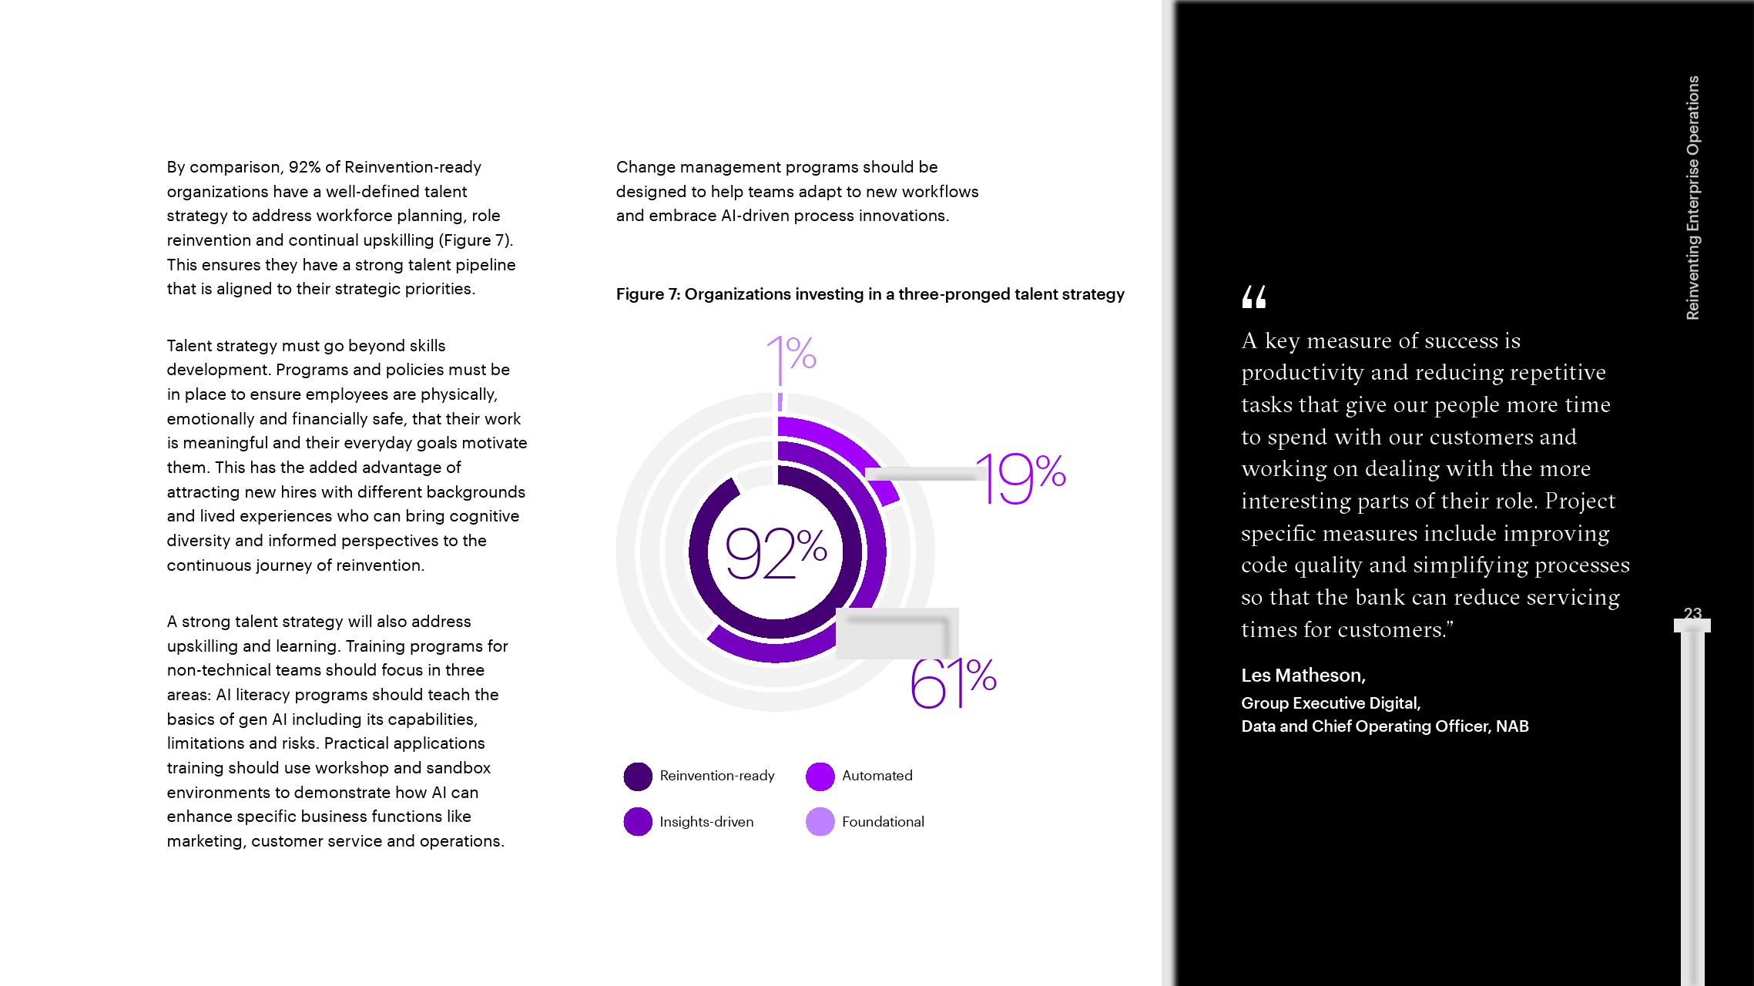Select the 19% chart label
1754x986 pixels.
[1021, 478]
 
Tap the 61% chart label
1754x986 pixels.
[953, 682]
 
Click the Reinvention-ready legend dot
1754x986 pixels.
[638, 776]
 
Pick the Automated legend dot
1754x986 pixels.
[820, 776]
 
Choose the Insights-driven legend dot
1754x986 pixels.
[638, 822]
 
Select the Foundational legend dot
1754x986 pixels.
[820, 822]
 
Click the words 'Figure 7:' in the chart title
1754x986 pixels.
[647, 294]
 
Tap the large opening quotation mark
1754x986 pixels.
[1254, 297]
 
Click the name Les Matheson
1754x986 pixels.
[1303, 676]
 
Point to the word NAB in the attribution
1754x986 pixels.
[1512, 726]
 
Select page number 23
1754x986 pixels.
[1692, 614]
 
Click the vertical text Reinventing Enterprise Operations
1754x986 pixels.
[1692, 197]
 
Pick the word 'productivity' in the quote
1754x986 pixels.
[1295, 373]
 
